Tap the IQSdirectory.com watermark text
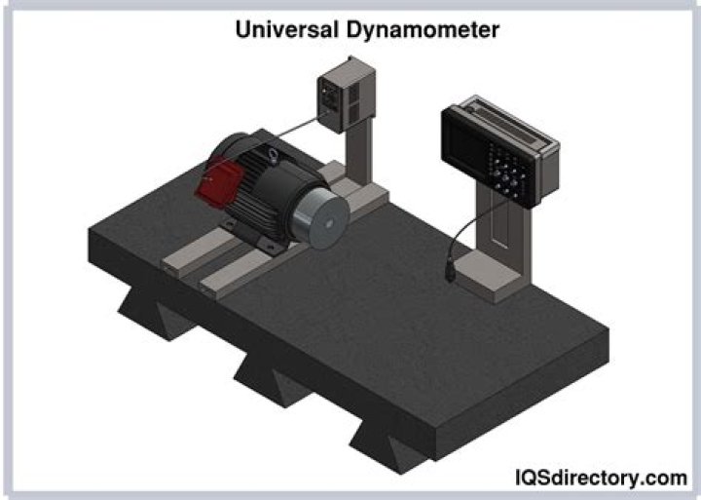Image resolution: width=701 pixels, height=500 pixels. (x=600, y=478)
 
